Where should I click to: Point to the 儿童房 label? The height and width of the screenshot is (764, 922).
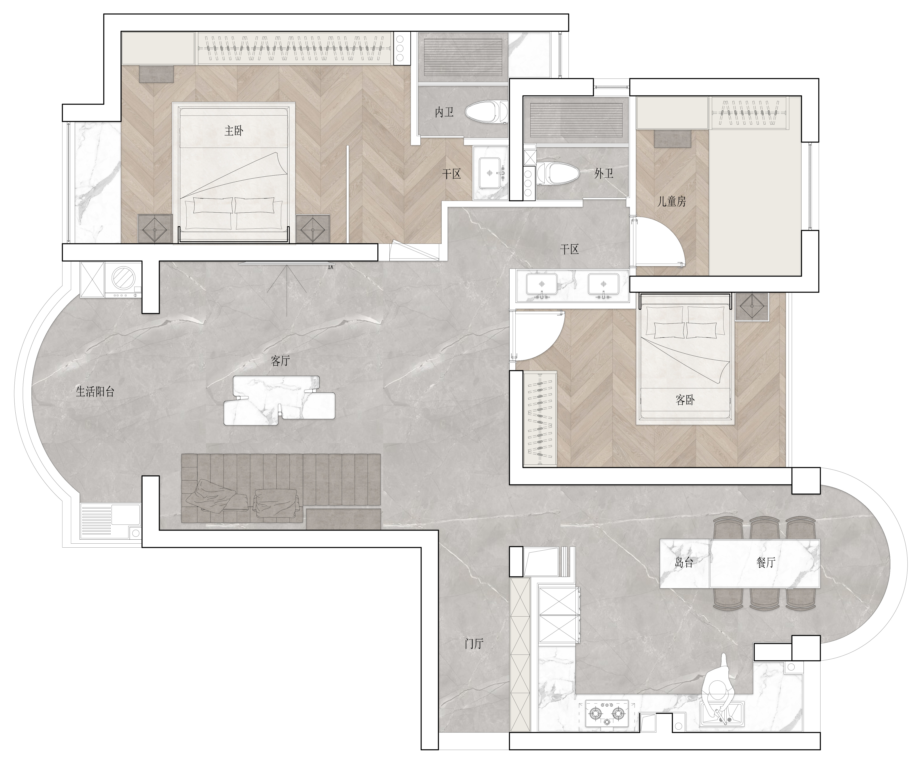671,201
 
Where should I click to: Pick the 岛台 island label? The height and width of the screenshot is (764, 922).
684,563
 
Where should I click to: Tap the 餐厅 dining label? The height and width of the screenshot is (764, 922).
766,563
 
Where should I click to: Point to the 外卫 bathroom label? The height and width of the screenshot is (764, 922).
604,174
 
